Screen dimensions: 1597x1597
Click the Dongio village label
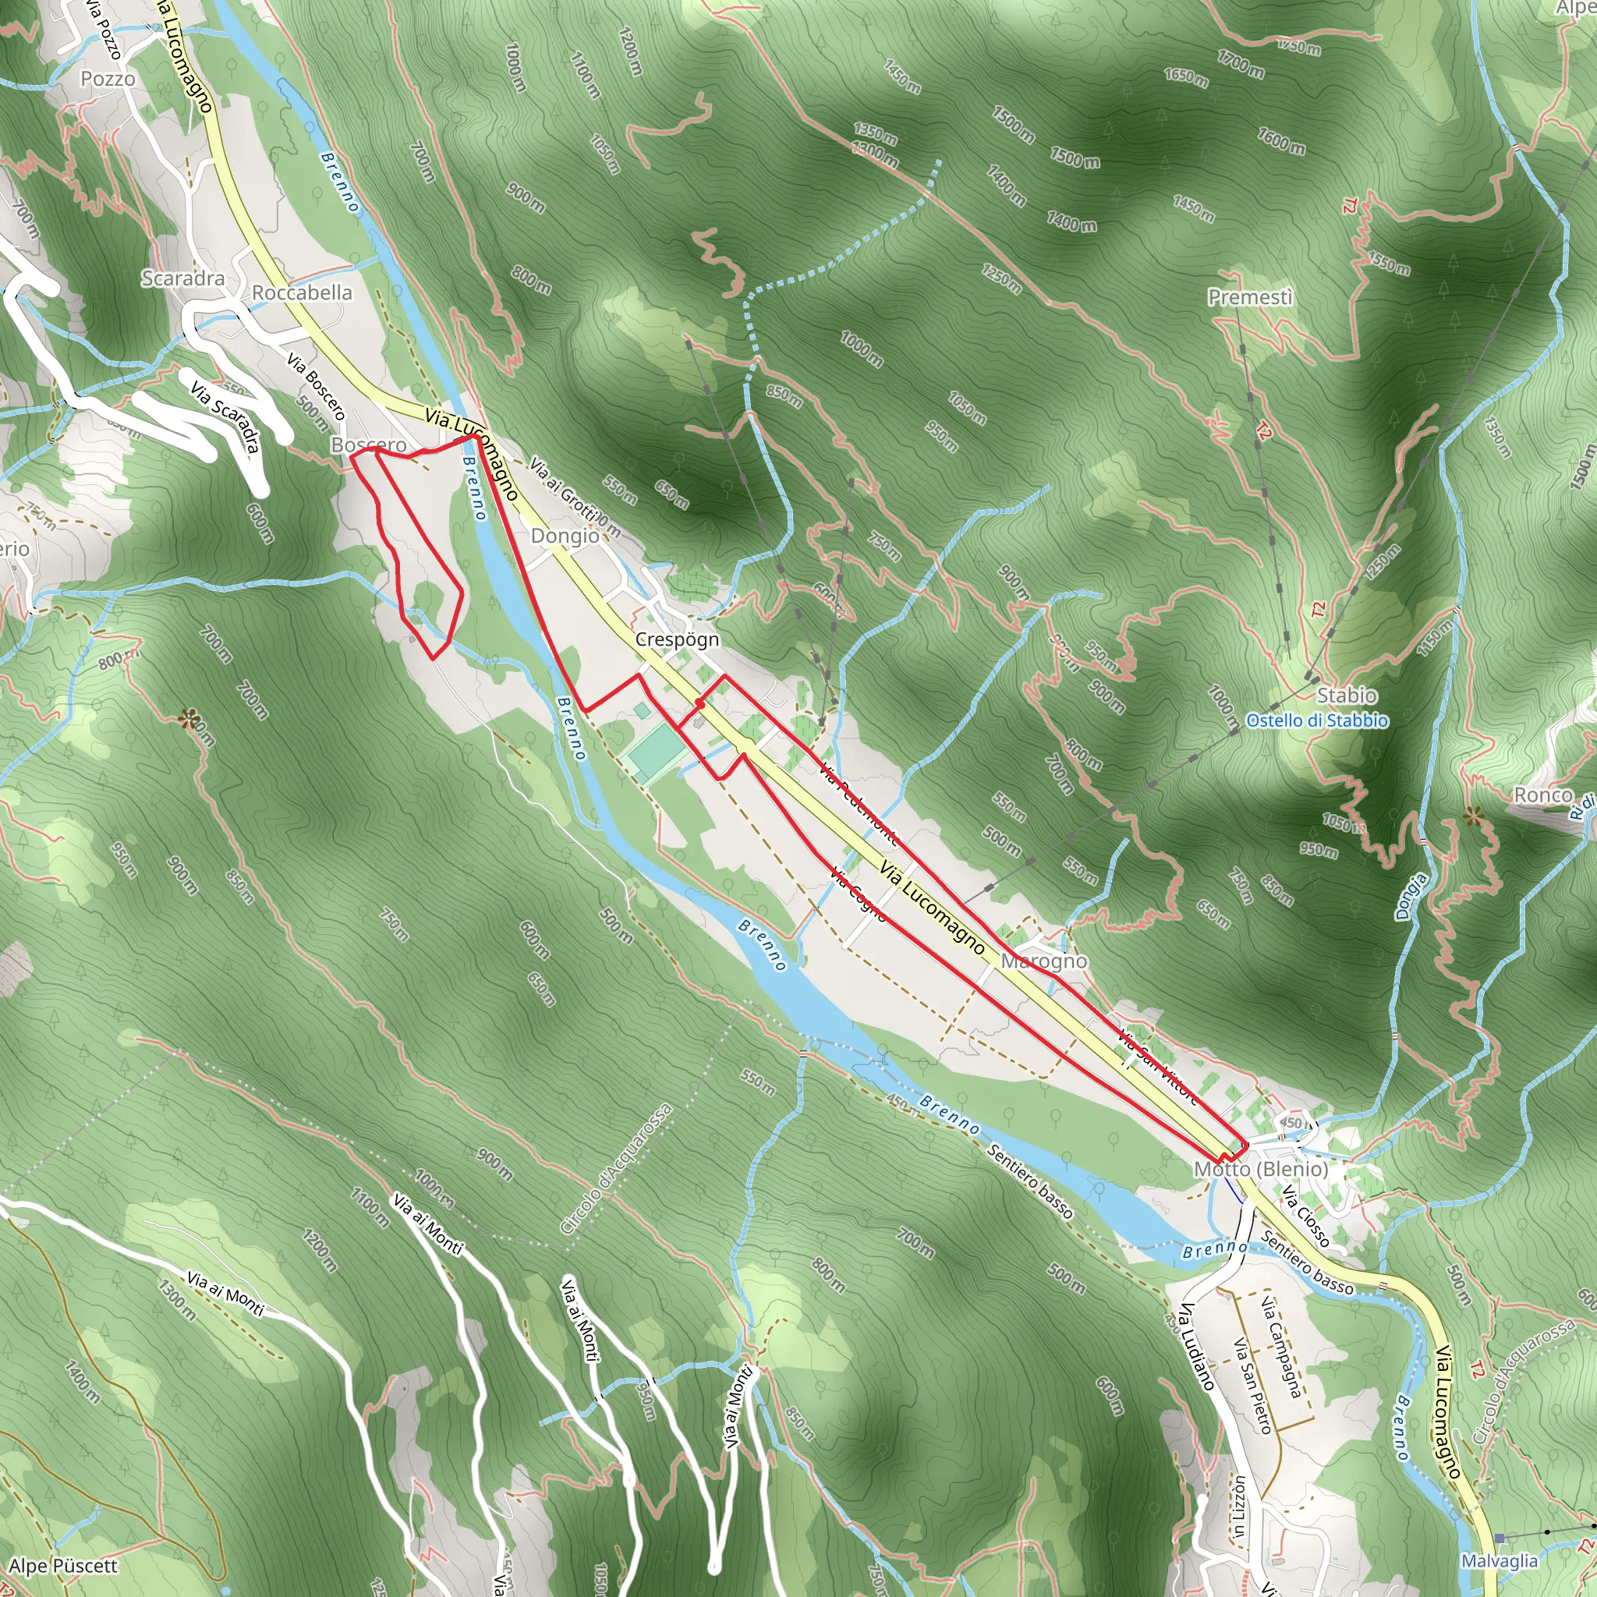(565, 536)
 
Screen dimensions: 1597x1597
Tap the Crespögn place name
(677, 639)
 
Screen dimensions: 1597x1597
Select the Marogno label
(1043, 961)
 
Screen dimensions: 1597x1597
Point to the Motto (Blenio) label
(1261, 1170)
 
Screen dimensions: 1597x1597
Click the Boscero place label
(369, 444)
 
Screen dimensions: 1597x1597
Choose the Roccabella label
(302, 292)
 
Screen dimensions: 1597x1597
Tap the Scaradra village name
(182, 278)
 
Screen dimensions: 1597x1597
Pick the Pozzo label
(108, 80)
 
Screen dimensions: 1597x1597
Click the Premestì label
(1250, 297)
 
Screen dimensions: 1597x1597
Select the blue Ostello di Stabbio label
(1317, 721)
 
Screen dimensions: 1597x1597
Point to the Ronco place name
(1542, 795)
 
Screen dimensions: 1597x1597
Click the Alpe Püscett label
(64, 1567)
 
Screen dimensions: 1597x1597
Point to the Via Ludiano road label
(1196, 1347)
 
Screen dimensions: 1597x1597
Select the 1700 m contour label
(1240, 64)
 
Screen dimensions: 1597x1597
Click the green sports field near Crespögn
(656, 753)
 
